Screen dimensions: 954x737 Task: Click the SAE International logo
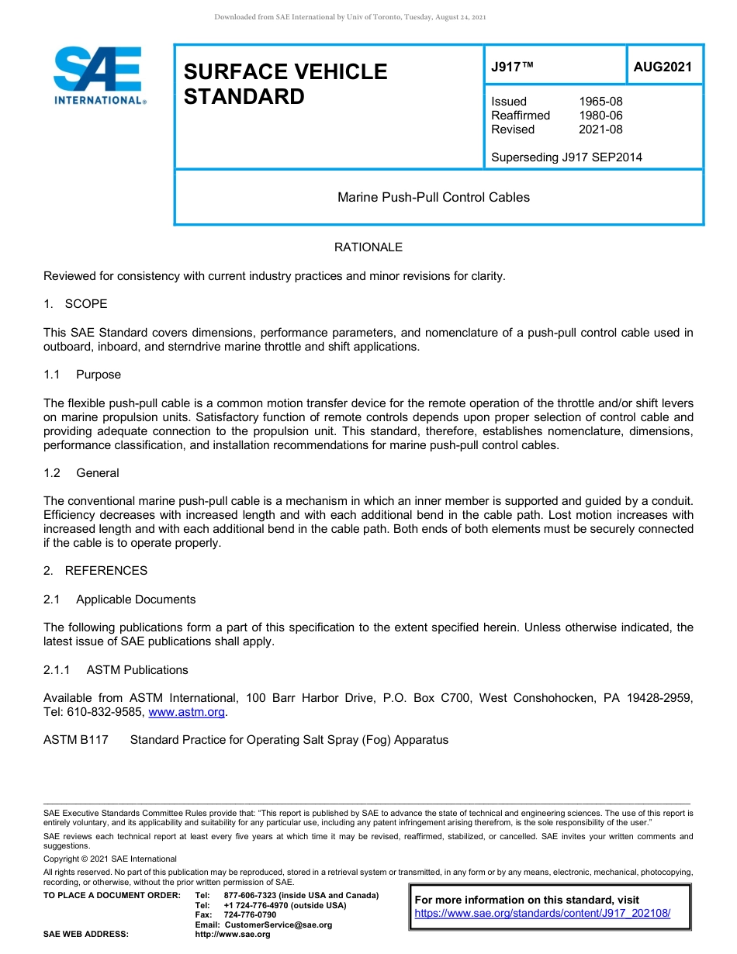[99, 76]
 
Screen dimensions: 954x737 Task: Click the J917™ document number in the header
[513, 67]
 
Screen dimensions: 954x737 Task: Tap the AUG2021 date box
[663, 67]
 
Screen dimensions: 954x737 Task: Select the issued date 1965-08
[600, 102]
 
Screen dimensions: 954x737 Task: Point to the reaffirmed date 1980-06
[600, 116]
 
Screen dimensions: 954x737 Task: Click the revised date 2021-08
[600, 130]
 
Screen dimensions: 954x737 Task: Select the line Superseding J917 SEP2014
[566, 157]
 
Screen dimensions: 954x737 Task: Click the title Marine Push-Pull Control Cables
[434, 197]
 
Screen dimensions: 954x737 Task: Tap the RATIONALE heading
[368, 247]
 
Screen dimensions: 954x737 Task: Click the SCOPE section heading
[85, 303]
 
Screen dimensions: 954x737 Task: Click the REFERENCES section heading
[106, 571]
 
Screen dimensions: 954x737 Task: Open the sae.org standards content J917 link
[542, 914]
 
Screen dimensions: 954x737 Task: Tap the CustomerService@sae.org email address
[277, 925]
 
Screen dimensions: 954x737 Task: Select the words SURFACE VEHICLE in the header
[285, 71]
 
